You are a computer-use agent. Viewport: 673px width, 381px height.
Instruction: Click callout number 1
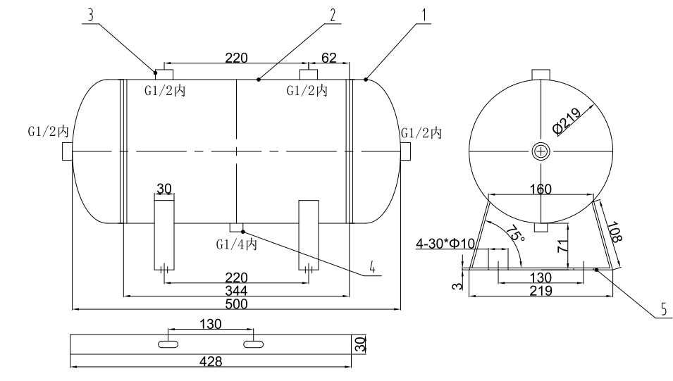[x=423, y=14]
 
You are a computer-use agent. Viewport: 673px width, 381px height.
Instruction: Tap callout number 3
[x=89, y=14]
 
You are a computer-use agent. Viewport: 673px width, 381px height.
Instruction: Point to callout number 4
[x=371, y=268]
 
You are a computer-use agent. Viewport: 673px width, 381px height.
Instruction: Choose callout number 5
[x=662, y=309]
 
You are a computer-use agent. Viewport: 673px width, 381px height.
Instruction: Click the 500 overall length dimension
[x=235, y=304]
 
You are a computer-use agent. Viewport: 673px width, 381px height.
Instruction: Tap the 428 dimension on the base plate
[x=210, y=361]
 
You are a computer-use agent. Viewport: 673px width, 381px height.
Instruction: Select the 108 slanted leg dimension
[x=613, y=231]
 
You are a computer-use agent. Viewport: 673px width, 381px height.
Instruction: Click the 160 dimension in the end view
[x=540, y=189]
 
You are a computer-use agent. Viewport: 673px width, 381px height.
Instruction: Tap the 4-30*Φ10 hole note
[x=445, y=244]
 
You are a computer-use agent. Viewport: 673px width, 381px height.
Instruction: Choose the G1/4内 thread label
[x=236, y=244]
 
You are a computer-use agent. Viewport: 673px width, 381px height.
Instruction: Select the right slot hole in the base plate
[x=253, y=343]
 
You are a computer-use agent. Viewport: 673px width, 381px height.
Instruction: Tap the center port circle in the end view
[x=540, y=151]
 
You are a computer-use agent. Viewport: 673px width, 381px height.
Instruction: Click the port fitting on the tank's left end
[x=67, y=151]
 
